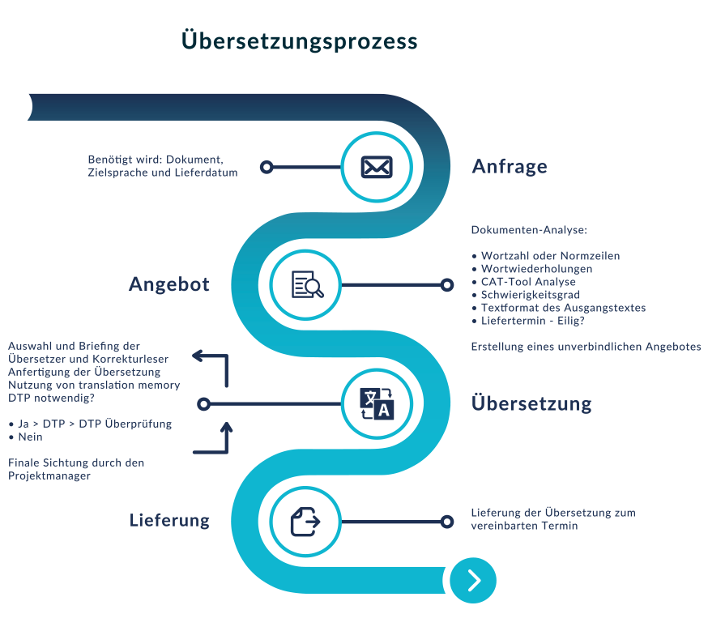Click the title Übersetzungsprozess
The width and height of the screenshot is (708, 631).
coord(300,41)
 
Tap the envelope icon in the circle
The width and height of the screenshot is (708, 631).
coord(376,167)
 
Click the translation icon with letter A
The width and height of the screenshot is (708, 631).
coord(376,403)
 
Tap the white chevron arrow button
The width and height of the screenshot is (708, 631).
coord(474,580)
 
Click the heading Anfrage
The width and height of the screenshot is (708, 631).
coord(510,167)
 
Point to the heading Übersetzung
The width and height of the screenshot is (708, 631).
coord(531,403)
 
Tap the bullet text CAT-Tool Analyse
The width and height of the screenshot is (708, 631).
coord(527,282)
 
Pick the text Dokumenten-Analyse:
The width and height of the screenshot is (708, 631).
coord(528,230)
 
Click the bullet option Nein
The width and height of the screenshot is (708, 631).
coord(29,437)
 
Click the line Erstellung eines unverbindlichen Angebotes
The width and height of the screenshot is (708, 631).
coord(586,347)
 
